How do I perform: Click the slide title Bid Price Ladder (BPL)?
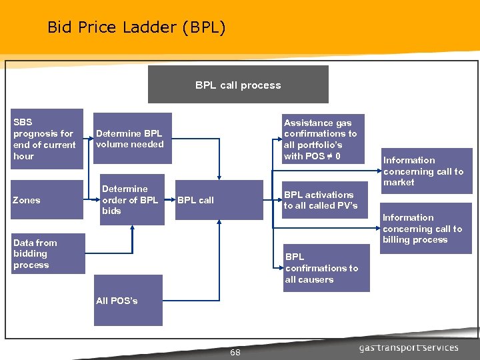[137, 27]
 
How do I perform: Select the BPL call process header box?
[238, 85]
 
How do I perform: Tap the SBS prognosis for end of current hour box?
[47, 139]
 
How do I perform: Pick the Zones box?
[47, 200]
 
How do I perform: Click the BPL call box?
[196, 200]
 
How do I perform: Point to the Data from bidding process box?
[47, 253]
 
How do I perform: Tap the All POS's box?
[128, 301]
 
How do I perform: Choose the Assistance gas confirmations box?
[323, 139]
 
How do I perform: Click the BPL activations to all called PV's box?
[323, 200]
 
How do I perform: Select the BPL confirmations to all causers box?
[323, 268]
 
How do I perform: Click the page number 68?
[235, 352]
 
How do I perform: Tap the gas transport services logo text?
[409, 347]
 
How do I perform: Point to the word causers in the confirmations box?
[309, 279]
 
